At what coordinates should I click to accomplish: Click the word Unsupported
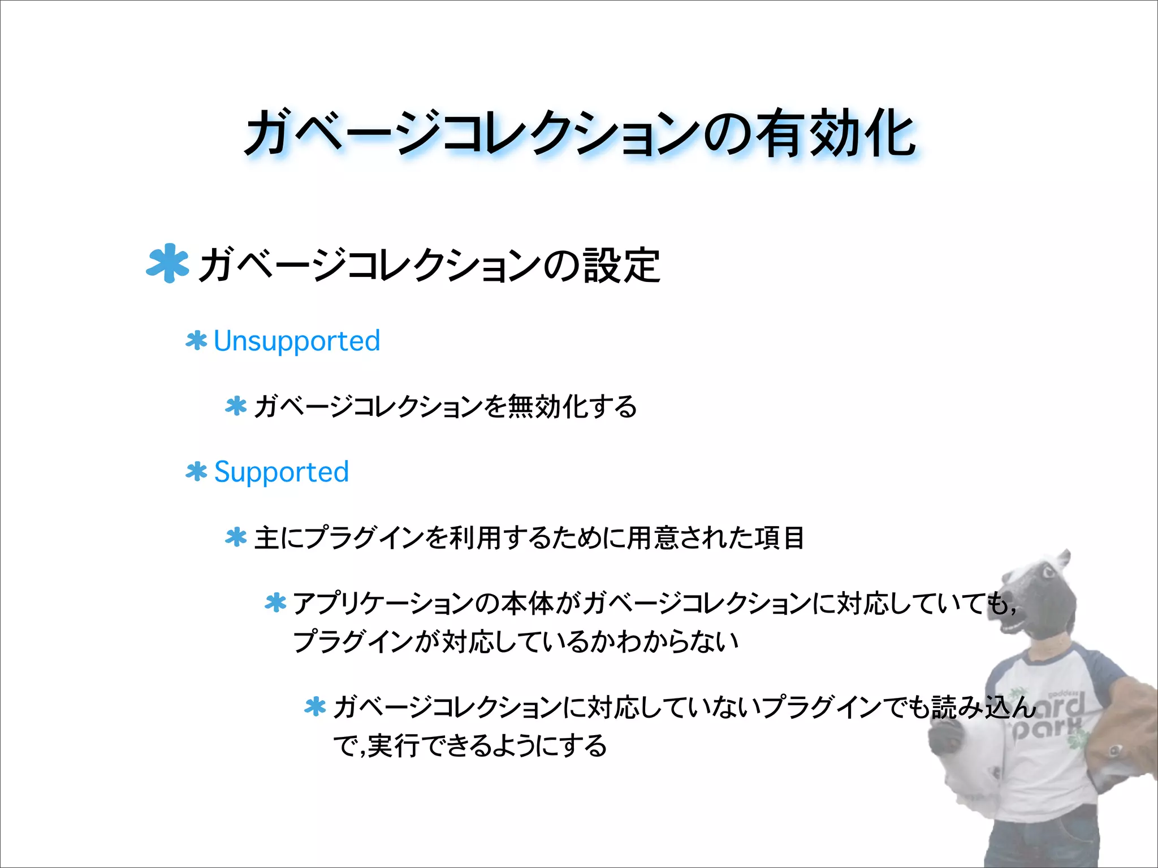tap(297, 341)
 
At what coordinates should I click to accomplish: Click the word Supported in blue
tap(282, 472)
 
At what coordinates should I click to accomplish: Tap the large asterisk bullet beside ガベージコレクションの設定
tap(167, 263)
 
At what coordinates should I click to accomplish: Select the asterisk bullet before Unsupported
tap(196, 341)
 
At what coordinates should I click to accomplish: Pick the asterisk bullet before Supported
tap(196, 472)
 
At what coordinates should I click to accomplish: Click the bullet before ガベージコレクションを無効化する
tap(236, 406)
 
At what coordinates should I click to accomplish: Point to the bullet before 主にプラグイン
tap(236, 537)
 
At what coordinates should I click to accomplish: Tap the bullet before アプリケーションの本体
tap(275, 603)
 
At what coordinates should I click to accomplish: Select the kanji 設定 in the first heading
tap(621, 266)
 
